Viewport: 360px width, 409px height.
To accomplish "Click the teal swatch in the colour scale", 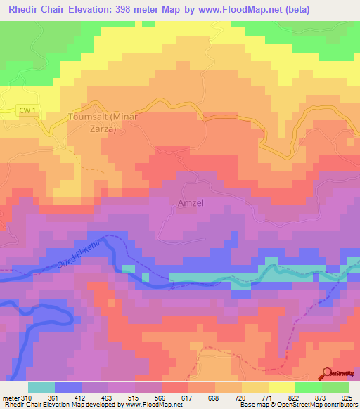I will [41, 387].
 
